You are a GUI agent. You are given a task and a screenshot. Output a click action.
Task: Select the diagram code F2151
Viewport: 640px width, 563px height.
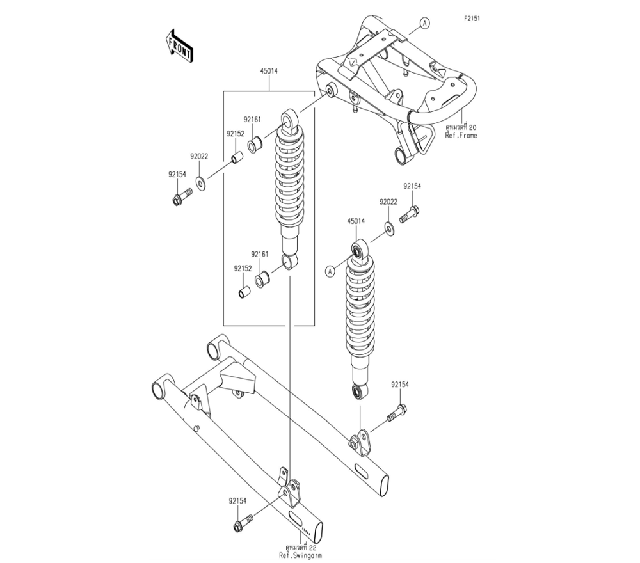[472, 19]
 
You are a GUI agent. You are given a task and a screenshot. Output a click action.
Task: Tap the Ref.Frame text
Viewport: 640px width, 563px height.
[461, 136]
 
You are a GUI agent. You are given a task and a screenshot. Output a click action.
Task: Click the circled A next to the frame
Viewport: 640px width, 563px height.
[423, 24]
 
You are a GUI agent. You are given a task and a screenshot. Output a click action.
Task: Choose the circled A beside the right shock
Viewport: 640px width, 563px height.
[330, 271]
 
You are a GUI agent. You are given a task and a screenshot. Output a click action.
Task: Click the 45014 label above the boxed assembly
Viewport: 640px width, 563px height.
[268, 71]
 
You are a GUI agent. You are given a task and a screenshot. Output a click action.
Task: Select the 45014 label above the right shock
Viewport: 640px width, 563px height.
[356, 221]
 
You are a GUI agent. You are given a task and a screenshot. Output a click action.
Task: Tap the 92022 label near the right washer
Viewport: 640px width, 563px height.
[388, 202]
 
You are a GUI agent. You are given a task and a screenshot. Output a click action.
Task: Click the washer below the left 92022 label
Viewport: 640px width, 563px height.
[201, 184]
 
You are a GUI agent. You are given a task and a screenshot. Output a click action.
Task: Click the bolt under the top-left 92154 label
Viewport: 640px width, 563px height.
[181, 196]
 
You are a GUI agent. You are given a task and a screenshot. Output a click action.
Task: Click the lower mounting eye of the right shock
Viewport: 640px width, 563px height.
[359, 391]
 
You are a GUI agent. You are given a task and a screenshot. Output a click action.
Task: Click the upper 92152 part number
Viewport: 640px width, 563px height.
[234, 134]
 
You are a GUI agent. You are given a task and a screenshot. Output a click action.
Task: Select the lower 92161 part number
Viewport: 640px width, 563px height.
[259, 254]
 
